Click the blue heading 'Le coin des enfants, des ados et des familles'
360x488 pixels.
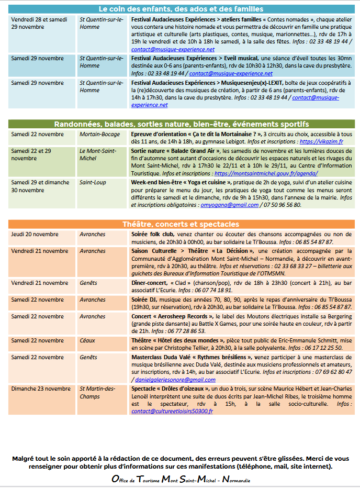click(181, 9)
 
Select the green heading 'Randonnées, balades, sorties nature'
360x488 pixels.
click(181, 124)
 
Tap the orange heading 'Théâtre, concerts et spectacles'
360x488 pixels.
click(181, 224)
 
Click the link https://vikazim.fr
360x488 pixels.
click(321, 141)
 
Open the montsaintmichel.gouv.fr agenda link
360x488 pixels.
click(266, 173)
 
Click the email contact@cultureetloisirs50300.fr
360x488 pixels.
click(172, 411)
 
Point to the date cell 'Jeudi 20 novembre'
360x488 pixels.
click(35, 234)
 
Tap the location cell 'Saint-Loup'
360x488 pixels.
click(93, 182)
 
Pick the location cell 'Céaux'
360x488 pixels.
click(87, 340)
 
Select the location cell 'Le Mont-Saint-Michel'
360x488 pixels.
click(98, 154)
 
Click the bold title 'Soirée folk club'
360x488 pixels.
click(153, 234)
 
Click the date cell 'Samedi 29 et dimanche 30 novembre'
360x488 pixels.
click(40, 186)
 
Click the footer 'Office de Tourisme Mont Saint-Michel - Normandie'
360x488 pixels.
click(181, 479)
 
